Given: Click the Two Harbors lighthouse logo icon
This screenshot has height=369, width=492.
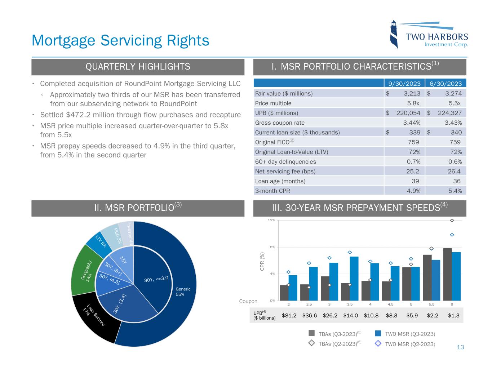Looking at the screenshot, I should [395, 34].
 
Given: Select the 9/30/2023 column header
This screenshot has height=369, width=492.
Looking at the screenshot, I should [404, 84].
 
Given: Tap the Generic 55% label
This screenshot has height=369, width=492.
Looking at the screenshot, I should [183, 292].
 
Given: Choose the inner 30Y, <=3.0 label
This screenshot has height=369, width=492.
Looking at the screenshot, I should [156, 279].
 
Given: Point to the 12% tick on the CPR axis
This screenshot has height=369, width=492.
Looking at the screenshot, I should [271, 220].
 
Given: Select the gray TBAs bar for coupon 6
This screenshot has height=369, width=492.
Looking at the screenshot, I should [447, 274].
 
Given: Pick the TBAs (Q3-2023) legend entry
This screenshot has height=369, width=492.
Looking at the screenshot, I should [338, 334].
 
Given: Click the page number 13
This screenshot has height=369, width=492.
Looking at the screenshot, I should [460, 347].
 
